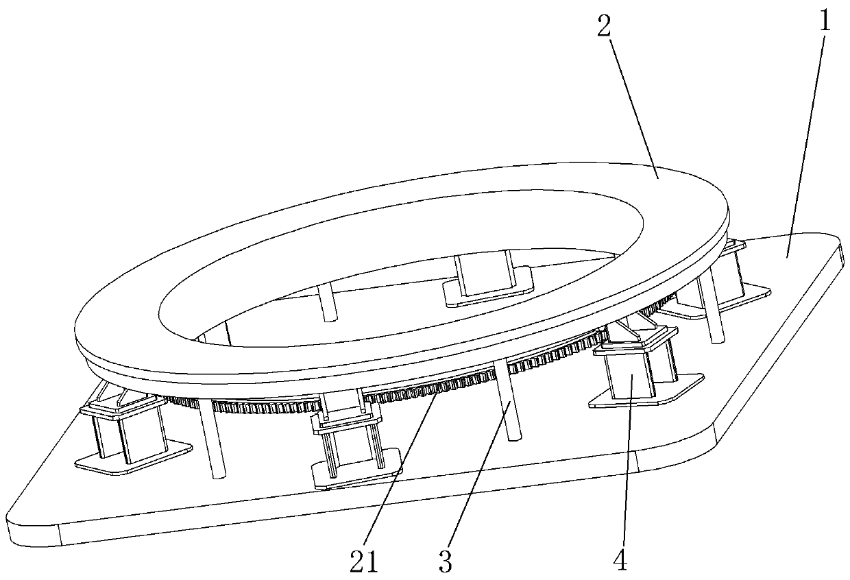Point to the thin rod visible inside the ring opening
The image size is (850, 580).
[x=328, y=302]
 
